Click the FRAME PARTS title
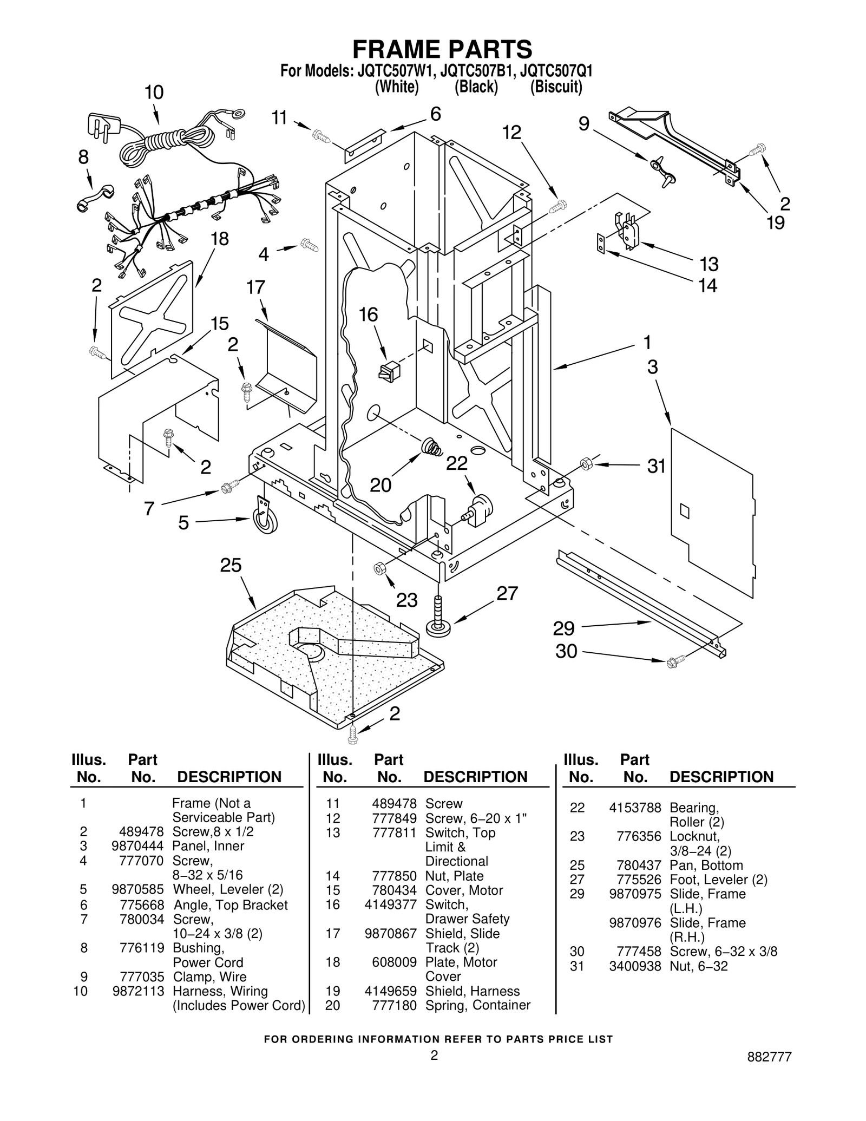tap(442, 49)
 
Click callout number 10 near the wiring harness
tap(154, 93)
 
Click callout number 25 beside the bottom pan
tap(231, 566)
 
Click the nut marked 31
tap(586, 464)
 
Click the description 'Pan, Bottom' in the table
tap(706, 865)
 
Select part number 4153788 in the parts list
tap(634, 808)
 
